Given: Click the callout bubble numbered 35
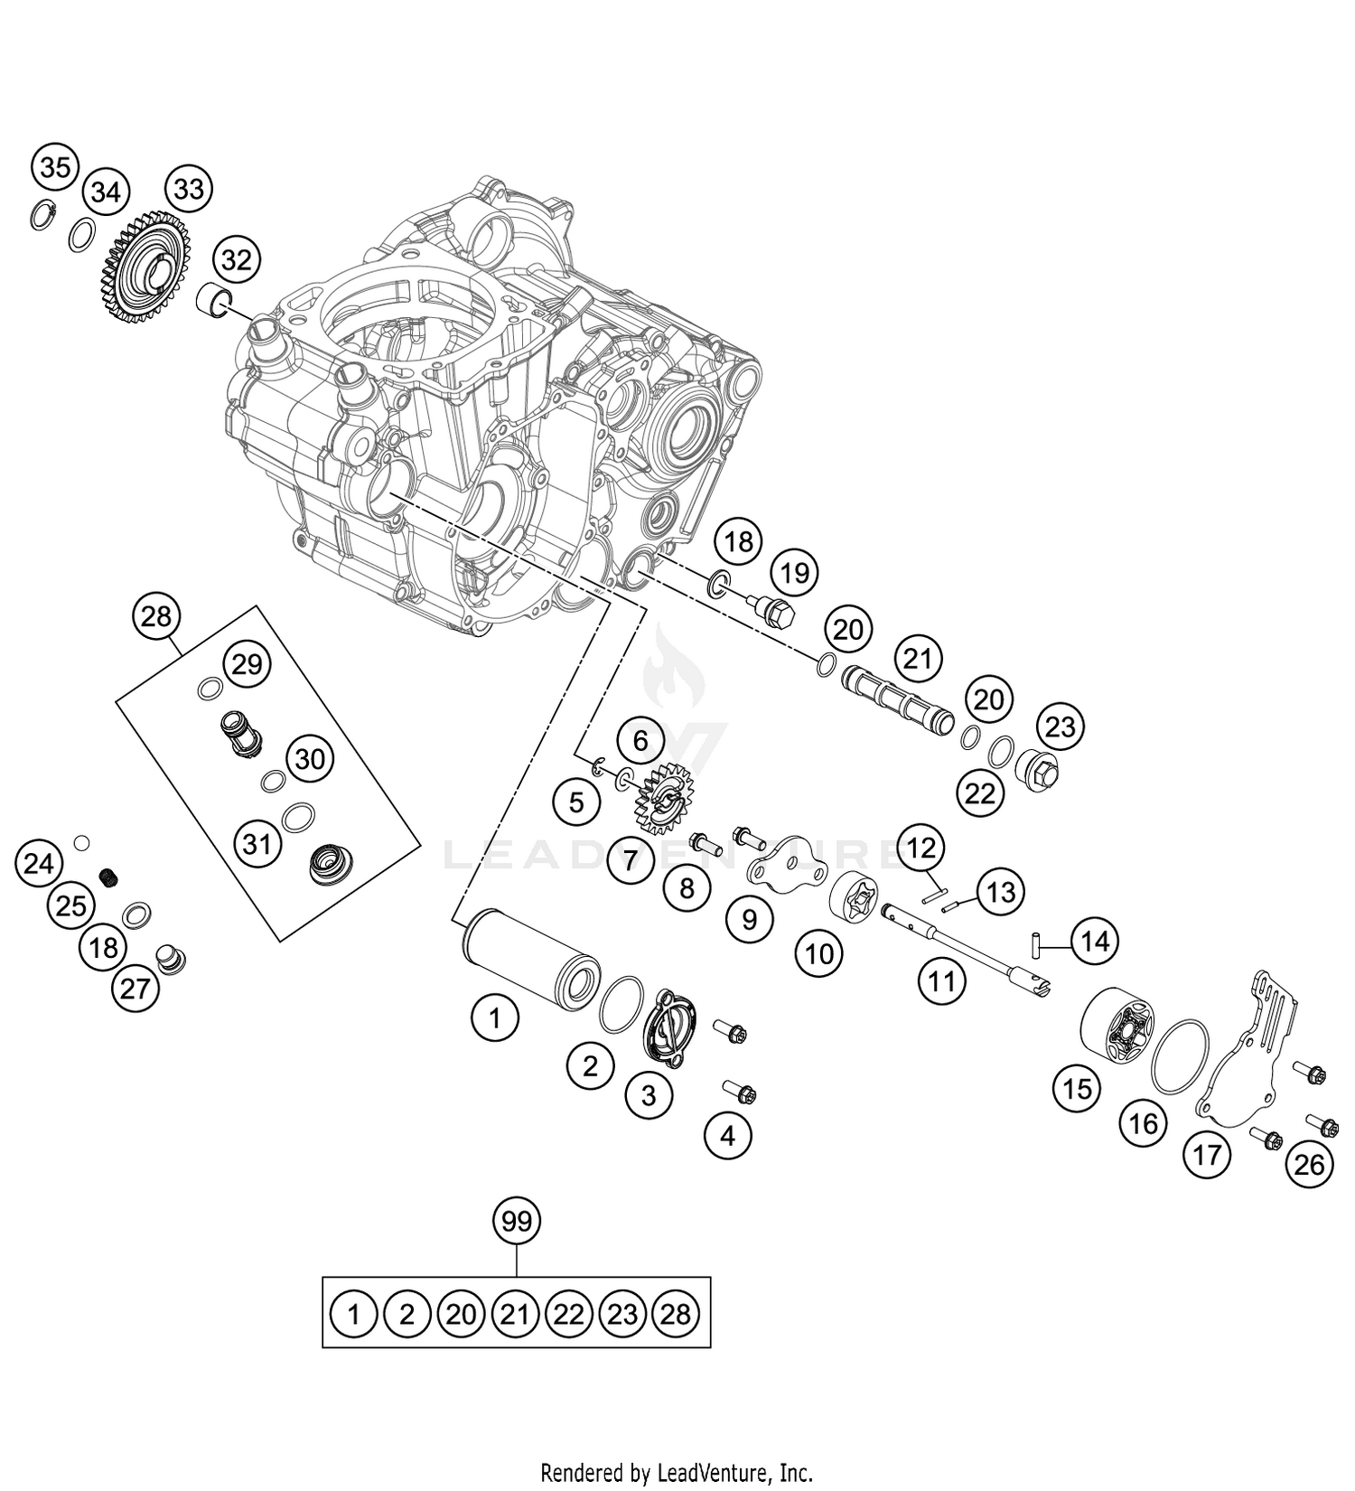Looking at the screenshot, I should (x=55, y=167).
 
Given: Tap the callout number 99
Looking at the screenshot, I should (x=517, y=1222).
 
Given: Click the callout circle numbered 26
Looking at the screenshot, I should (x=1309, y=1165).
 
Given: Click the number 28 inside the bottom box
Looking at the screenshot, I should (x=676, y=1313).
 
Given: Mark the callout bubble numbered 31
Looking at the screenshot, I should (x=257, y=844).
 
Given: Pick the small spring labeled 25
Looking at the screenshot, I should (x=109, y=876).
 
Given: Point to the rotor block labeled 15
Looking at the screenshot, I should (x=1117, y=1028).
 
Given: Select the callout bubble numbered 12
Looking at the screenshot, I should (x=921, y=848).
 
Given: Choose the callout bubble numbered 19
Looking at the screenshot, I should (x=795, y=572).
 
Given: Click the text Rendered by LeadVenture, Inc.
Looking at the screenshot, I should (x=677, y=1471).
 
